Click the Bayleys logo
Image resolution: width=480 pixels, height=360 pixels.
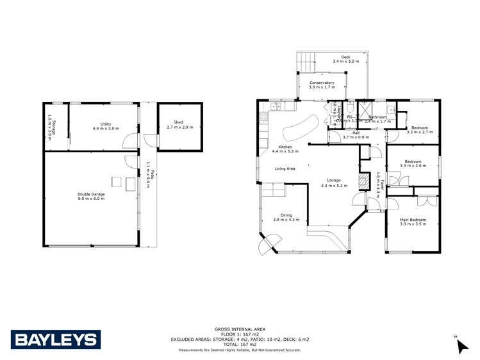tap(56, 339)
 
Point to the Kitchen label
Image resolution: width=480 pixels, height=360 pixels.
tap(285, 147)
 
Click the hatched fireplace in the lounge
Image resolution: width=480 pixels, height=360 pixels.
tap(363, 183)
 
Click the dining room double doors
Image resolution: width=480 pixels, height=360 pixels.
tap(269, 244)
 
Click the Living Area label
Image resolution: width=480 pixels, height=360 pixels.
tap(285, 169)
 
